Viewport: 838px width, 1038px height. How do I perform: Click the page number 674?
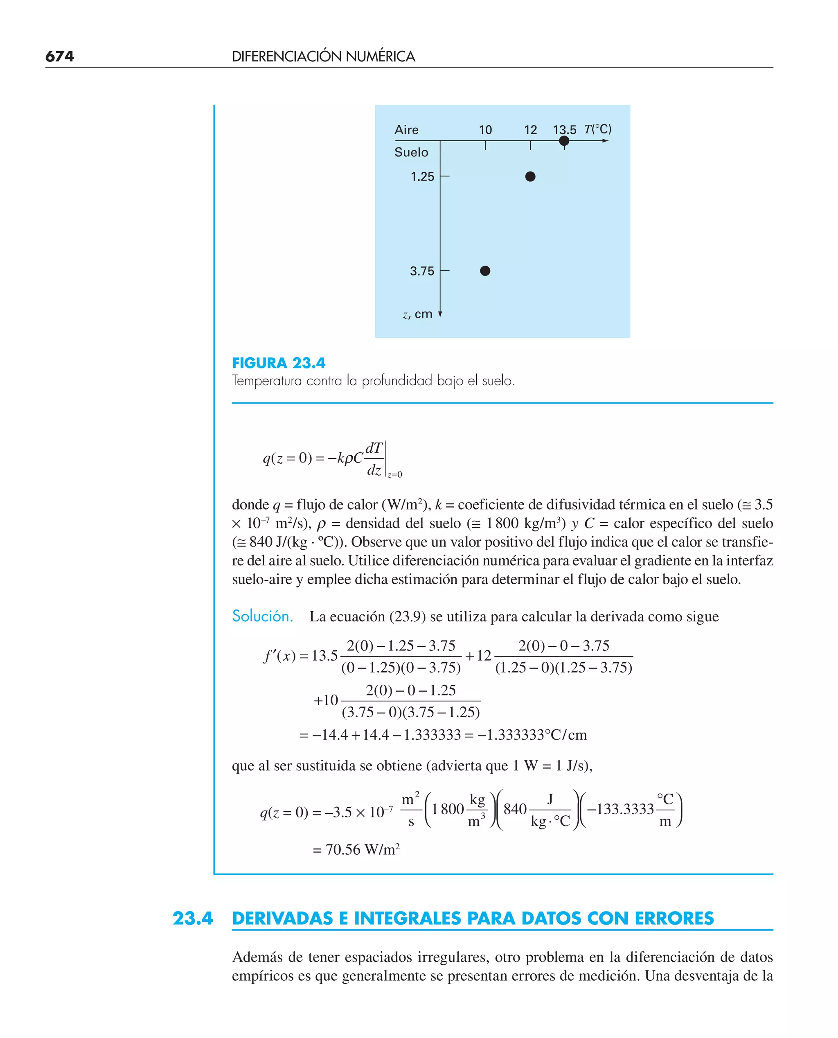pyautogui.click(x=59, y=56)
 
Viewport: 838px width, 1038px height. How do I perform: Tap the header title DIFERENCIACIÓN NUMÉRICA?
pyautogui.click(x=323, y=56)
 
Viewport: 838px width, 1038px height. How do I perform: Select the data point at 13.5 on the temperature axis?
pyautogui.click(x=564, y=141)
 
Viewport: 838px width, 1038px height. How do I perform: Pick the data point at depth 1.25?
pyautogui.click(x=530, y=176)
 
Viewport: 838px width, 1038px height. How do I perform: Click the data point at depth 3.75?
pyautogui.click(x=485, y=271)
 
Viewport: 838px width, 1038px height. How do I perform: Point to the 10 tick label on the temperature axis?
pyautogui.click(x=485, y=130)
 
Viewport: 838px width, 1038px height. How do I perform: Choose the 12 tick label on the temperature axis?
pyautogui.click(x=531, y=130)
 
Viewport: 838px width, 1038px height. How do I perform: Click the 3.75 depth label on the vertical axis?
pyautogui.click(x=422, y=271)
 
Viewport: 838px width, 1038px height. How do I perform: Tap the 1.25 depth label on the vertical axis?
pyautogui.click(x=422, y=177)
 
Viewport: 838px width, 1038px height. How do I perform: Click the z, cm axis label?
pyautogui.click(x=417, y=314)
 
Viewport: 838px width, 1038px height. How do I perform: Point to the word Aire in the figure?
pyautogui.click(x=406, y=130)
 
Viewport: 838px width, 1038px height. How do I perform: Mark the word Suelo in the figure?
pyautogui.click(x=411, y=152)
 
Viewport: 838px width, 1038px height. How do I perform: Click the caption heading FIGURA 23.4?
pyautogui.click(x=279, y=363)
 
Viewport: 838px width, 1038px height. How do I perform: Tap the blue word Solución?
pyautogui.click(x=263, y=616)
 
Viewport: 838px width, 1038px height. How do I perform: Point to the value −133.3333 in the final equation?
pyautogui.click(x=620, y=809)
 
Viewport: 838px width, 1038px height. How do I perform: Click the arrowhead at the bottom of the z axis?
pyautogui.click(x=440, y=315)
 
